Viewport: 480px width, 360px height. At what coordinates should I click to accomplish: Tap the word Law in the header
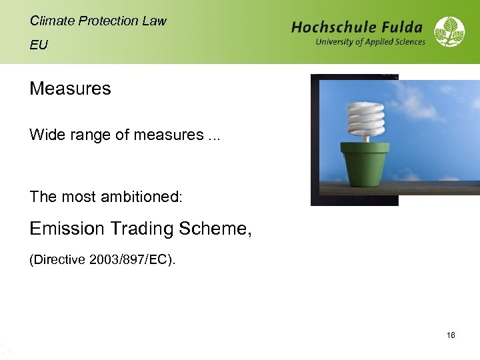click(x=153, y=21)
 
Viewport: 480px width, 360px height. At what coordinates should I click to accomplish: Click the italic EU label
click(x=39, y=45)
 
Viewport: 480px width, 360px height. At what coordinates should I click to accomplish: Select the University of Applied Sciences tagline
click(x=370, y=42)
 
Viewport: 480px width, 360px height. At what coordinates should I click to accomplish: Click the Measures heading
click(x=70, y=89)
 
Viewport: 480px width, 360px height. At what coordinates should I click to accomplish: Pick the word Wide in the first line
click(x=43, y=135)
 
